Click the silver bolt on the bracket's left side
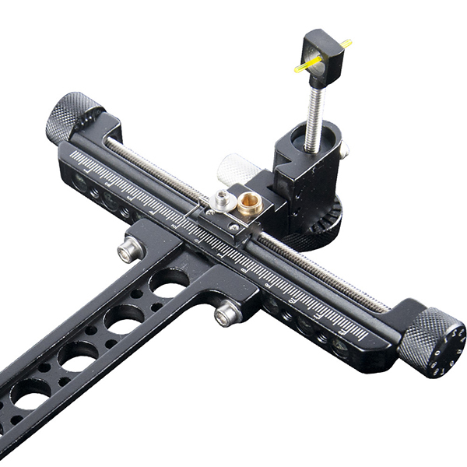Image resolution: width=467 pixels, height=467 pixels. tap(129, 249)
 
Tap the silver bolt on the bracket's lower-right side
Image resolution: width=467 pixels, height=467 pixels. tap(226, 314)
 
